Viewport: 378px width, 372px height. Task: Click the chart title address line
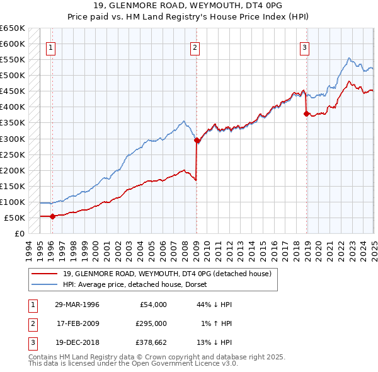point(188,7)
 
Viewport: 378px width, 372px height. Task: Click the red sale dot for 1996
point(52,216)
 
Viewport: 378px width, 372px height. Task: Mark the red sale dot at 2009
point(197,141)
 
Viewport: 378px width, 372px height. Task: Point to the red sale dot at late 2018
point(307,114)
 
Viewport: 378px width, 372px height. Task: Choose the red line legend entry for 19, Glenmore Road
point(167,274)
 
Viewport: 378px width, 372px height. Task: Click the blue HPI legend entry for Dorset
point(139,284)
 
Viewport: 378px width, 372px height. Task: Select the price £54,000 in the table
point(152,305)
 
